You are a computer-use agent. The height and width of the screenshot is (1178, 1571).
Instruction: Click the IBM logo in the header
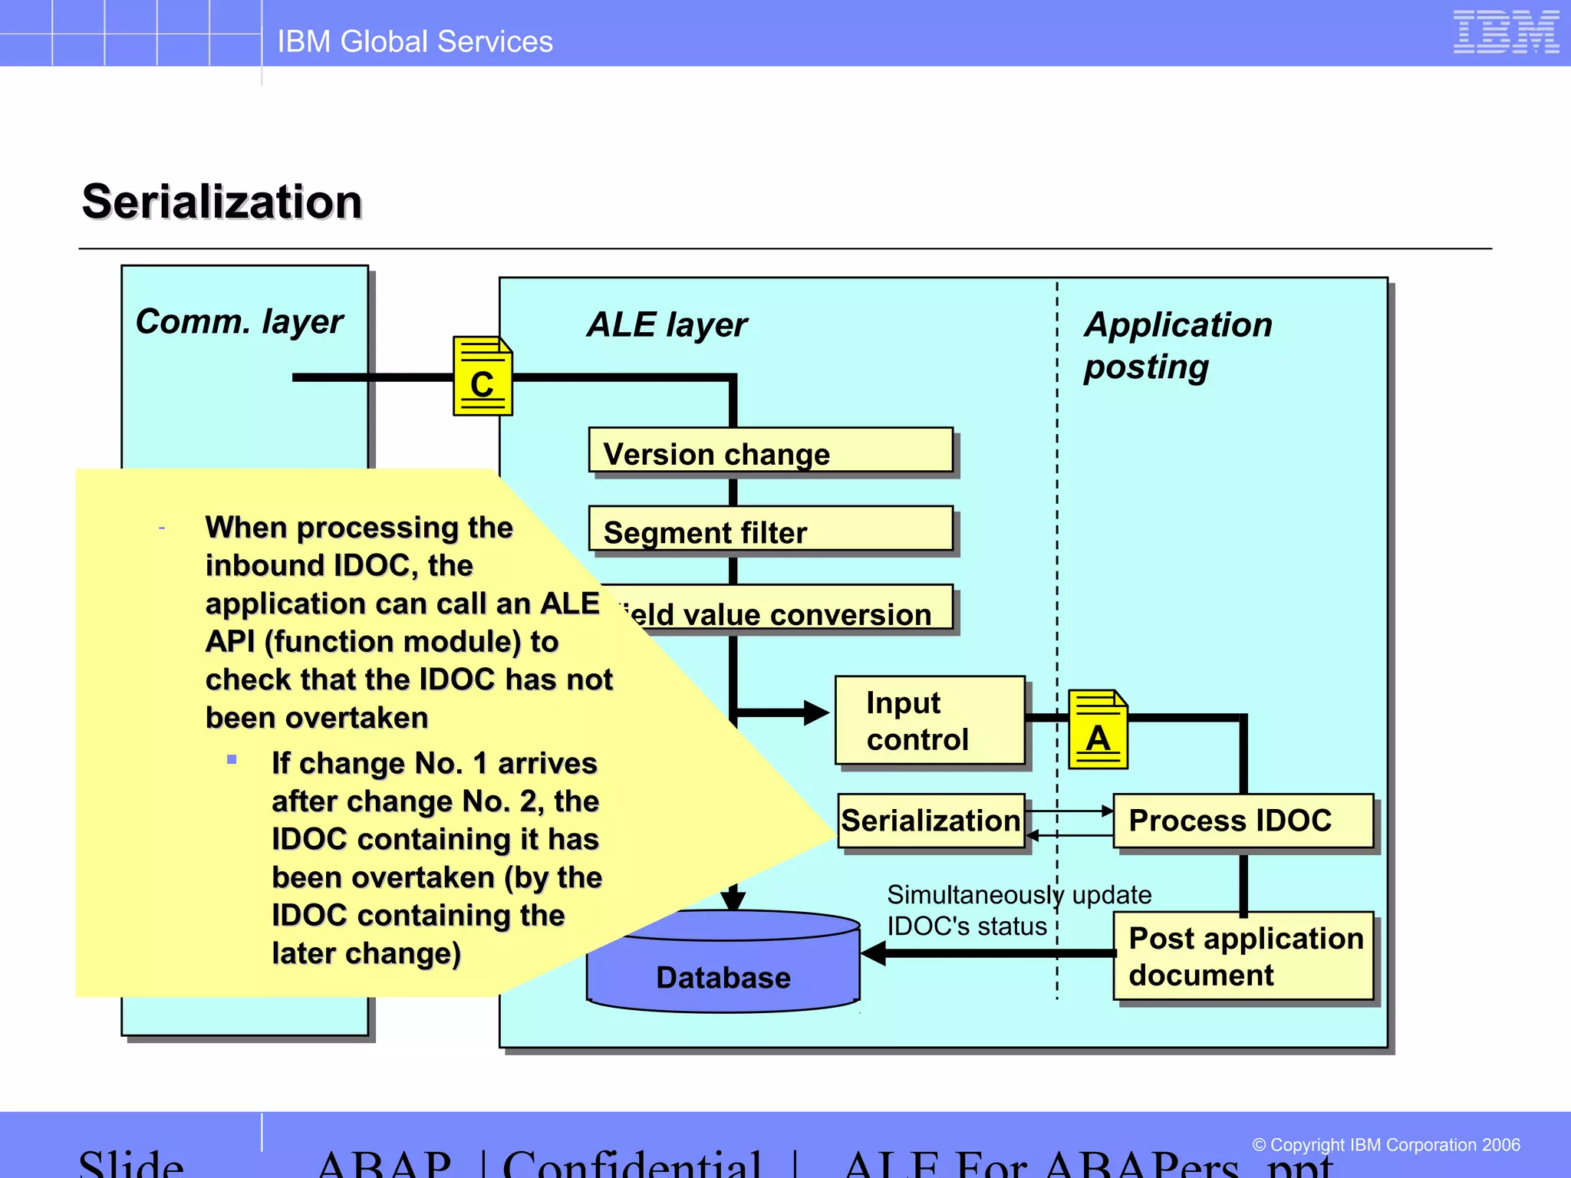pyautogui.click(x=1505, y=32)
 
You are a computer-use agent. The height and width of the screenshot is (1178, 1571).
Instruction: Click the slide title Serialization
pyautogui.click(x=222, y=202)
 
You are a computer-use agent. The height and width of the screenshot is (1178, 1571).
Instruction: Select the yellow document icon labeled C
pyautogui.click(x=482, y=377)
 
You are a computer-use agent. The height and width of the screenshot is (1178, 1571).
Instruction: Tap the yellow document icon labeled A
pyautogui.click(x=1098, y=730)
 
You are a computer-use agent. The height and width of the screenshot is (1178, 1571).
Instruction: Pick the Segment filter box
pyautogui.click(x=770, y=529)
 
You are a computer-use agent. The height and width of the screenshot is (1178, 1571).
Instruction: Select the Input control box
pyautogui.click(x=930, y=720)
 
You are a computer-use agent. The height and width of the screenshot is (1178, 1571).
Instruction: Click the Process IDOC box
pyautogui.click(x=1243, y=821)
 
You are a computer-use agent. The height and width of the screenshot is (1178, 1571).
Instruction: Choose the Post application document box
pyautogui.click(x=1243, y=956)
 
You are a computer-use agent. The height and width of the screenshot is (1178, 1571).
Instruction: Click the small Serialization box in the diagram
pyautogui.click(x=930, y=821)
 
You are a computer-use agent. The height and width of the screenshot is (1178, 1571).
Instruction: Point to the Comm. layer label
pyautogui.click(x=239, y=322)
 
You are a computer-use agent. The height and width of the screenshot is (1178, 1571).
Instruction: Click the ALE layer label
pyautogui.click(x=667, y=325)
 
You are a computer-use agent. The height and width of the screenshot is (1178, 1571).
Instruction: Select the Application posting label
pyautogui.click(x=1177, y=345)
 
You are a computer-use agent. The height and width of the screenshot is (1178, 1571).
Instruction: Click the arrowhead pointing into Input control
pyautogui.click(x=815, y=712)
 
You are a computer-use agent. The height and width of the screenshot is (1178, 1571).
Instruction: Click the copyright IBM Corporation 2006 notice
pyautogui.click(x=1385, y=1145)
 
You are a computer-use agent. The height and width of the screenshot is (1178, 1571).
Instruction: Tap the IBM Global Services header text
pyautogui.click(x=414, y=41)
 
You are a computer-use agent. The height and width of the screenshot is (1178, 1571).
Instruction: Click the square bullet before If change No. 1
pyautogui.click(x=232, y=760)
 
